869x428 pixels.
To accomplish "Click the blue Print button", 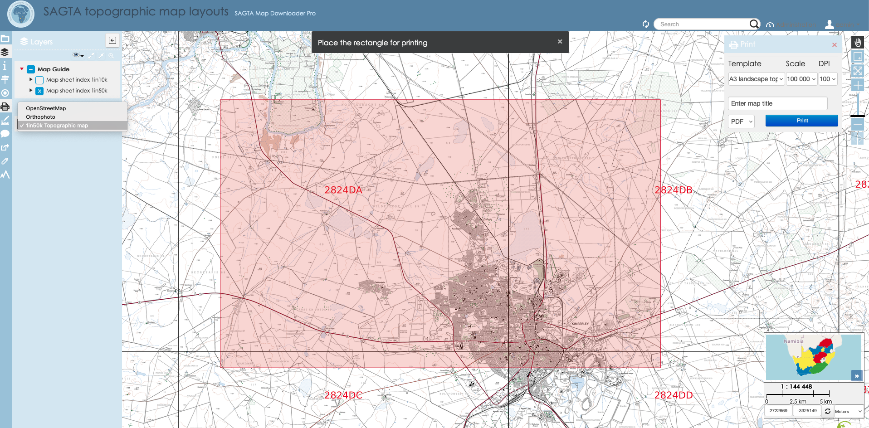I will pos(801,121).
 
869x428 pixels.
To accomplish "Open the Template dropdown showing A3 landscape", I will pos(756,79).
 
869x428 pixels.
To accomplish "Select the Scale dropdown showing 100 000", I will pos(801,79).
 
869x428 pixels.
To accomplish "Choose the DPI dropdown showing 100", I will pos(827,79).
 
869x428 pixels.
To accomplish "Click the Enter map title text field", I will pos(777,103).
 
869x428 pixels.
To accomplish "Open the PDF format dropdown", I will pos(741,122).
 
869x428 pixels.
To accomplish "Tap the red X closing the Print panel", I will pos(834,45).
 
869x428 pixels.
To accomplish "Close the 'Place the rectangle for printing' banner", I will pos(560,42).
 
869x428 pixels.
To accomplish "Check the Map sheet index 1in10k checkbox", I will pos(39,80).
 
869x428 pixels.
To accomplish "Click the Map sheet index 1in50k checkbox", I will pos(39,91).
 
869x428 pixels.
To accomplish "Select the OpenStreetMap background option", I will pos(46,108).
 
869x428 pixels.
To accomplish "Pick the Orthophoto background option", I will pos(40,117).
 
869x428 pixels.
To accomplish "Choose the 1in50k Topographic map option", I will pos(57,126).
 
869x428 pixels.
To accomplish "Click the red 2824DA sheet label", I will pos(343,190).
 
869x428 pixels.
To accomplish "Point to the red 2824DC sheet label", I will pos(343,395).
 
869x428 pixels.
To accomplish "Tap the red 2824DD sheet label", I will pos(673,395).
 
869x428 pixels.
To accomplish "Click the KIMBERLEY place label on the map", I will pos(580,324).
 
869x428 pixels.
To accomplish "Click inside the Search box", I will pos(703,24).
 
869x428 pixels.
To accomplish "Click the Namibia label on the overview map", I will pos(793,341).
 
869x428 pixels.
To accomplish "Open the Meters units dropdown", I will pos(848,411).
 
